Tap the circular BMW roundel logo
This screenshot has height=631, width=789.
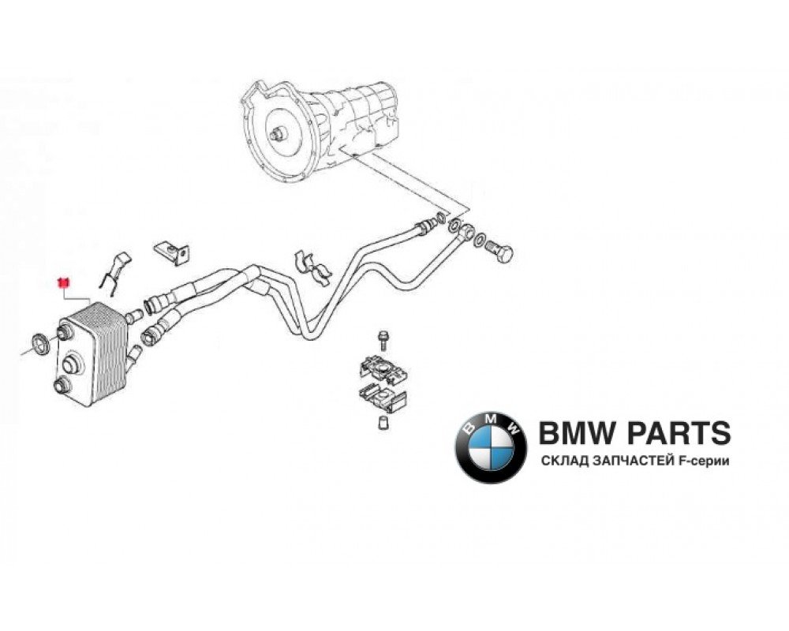[490, 448]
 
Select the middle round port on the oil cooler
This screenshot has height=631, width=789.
[72, 364]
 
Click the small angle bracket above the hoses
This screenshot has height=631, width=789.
[172, 250]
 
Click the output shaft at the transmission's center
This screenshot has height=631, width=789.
[277, 135]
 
